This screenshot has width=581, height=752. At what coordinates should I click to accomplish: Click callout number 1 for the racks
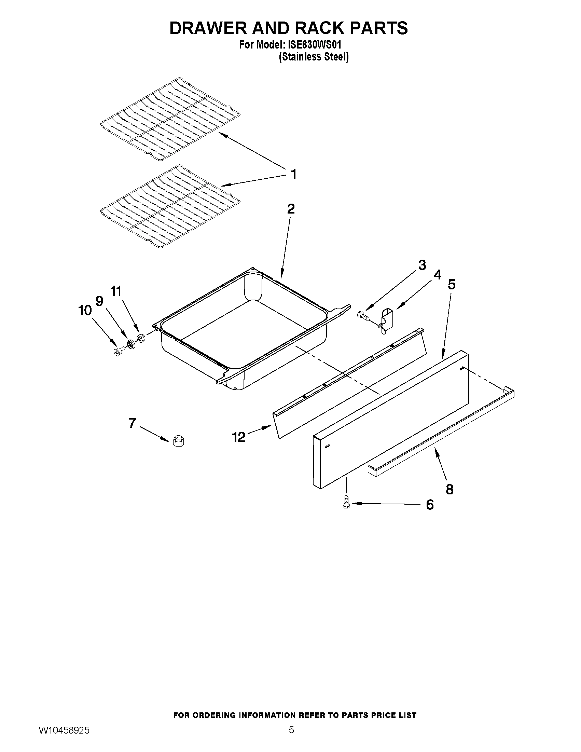[293, 174]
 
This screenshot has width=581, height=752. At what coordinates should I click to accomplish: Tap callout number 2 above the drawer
[291, 209]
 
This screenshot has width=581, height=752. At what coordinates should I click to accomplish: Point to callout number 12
[238, 437]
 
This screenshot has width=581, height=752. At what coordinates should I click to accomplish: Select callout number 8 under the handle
[449, 489]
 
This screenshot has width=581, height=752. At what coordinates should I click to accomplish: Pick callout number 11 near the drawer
[116, 291]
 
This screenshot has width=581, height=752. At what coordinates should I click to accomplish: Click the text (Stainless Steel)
[314, 57]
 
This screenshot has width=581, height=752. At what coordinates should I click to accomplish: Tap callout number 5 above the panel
[452, 284]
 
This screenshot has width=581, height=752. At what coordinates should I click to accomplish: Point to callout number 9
[99, 301]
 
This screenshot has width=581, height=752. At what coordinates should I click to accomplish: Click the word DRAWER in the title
[209, 28]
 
